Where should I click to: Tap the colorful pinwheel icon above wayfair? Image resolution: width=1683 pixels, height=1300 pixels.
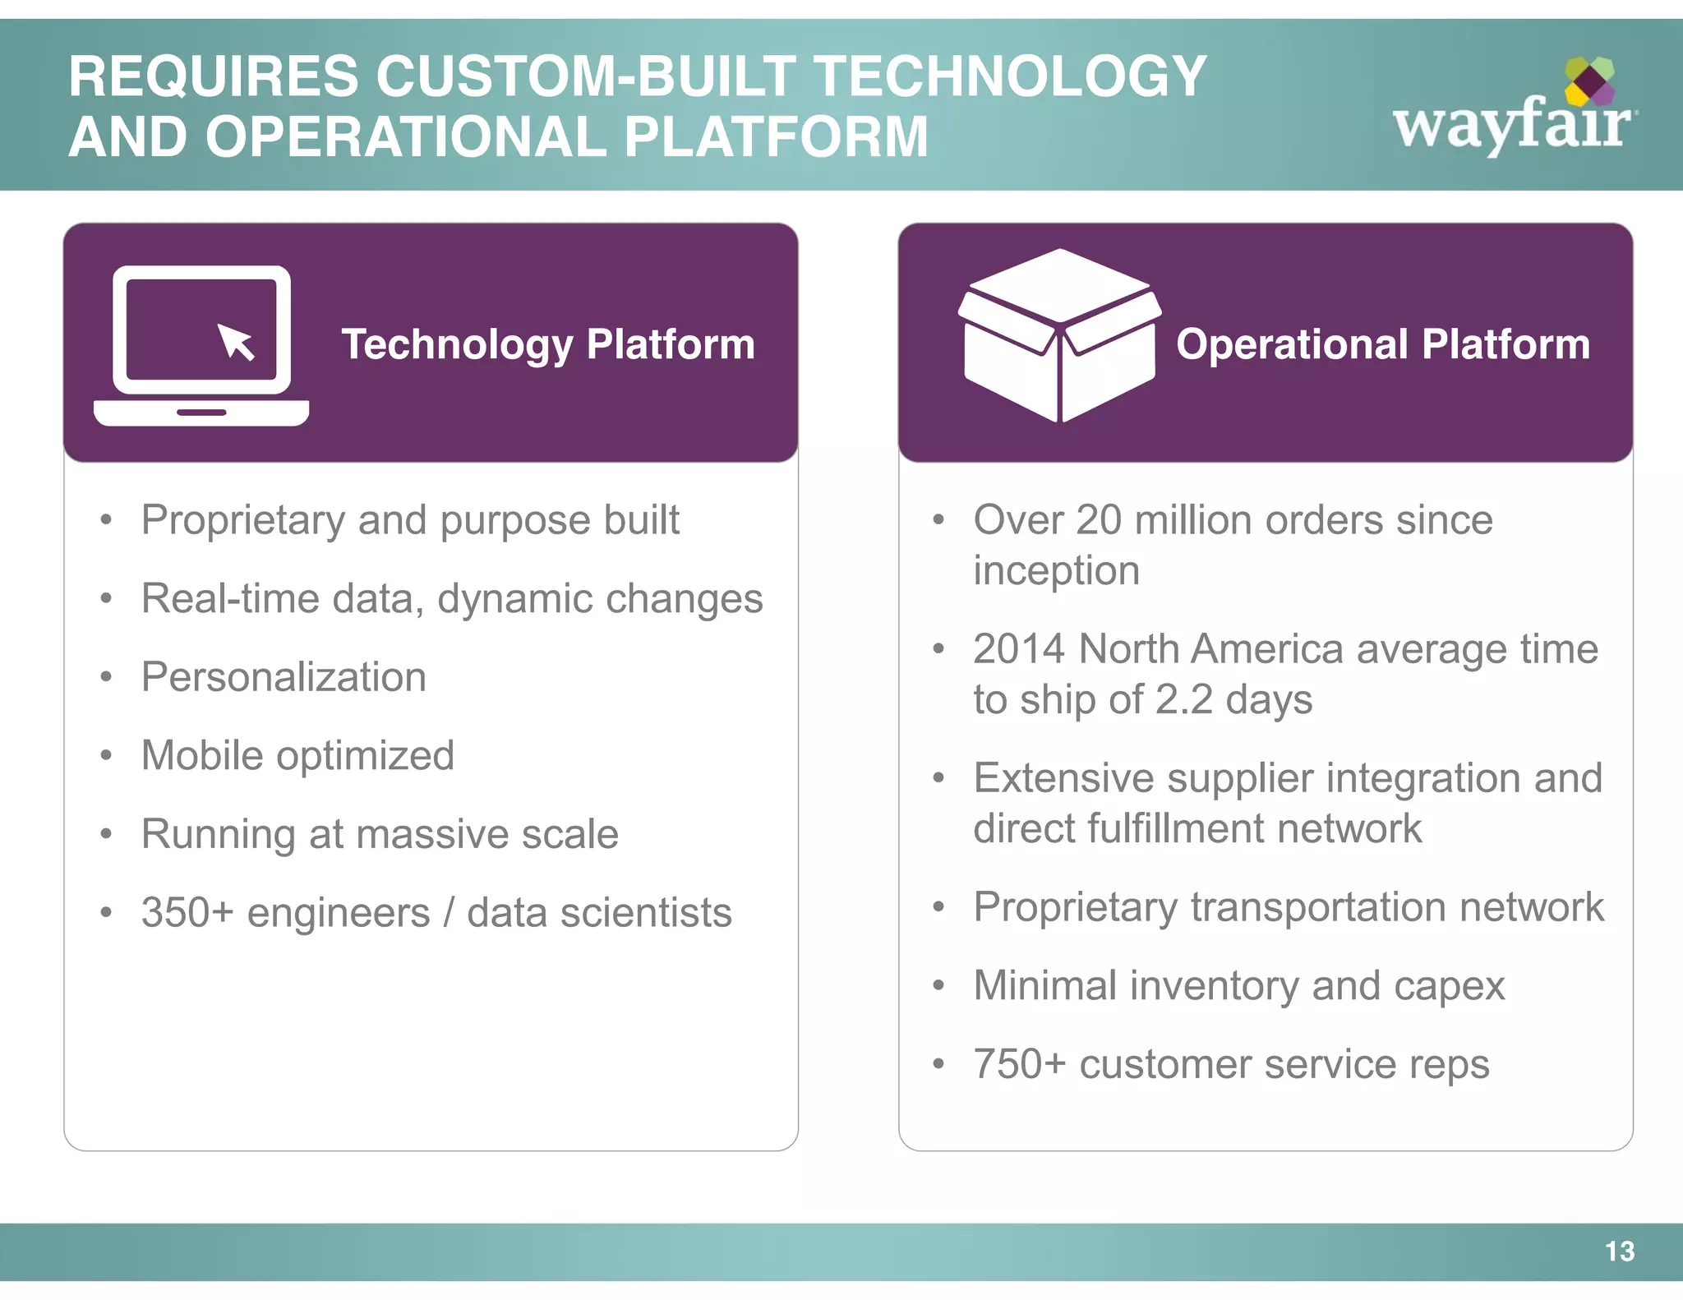click(1589, 81)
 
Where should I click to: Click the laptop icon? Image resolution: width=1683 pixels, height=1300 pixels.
click(201, 345)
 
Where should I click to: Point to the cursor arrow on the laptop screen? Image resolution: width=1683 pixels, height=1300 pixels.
click(236, 341)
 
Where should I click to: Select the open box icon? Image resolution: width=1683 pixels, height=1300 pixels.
click(1059, 335)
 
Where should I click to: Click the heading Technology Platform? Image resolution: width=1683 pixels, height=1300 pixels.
click(547, 343)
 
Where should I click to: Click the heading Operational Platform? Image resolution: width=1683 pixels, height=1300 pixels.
click(1382, 343)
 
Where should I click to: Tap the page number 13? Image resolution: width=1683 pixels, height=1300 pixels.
click(1619, 1251)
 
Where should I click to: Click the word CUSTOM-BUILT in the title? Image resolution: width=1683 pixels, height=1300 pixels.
click(585, 76)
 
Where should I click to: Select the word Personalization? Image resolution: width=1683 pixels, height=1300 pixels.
click(284, 677)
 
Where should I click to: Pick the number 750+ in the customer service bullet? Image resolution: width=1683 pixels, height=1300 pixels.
click(1019, 1064)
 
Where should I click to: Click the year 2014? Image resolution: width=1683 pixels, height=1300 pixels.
click(1019, 649)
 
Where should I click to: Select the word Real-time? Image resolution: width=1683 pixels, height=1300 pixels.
click(230, 598)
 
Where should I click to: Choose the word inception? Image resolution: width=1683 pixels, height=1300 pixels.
click(1056, 570)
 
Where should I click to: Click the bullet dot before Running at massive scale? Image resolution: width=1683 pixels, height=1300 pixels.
click(105, 835)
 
